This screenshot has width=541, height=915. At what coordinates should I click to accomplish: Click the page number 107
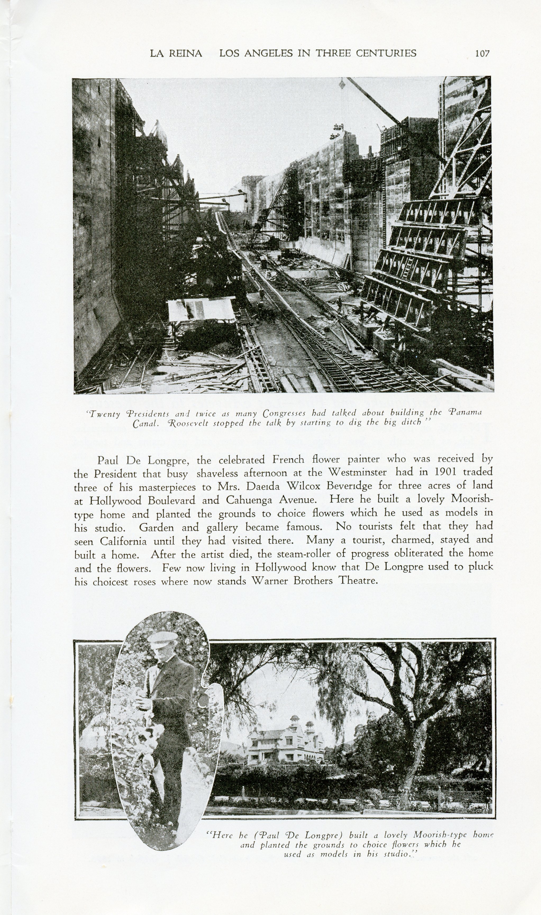pyautogui.click(x=482, y=54)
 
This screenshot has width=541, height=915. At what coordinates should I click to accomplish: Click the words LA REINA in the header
pyautogui.click(x=176, y=54)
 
